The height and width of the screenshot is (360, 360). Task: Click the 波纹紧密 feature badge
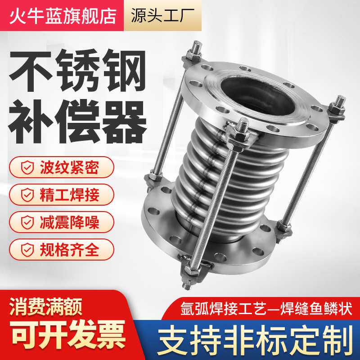click(x=61, y=167)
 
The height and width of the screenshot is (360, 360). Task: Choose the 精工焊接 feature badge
click(x=61, y=194)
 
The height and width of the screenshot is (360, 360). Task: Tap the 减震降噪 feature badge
click(x=61, y=222)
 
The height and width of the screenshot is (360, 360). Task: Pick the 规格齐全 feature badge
click(x=61, y=249)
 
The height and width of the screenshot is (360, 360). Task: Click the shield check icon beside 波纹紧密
click(x=28, y=168)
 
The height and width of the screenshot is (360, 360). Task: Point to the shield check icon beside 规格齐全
click(x=28, y=249)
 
